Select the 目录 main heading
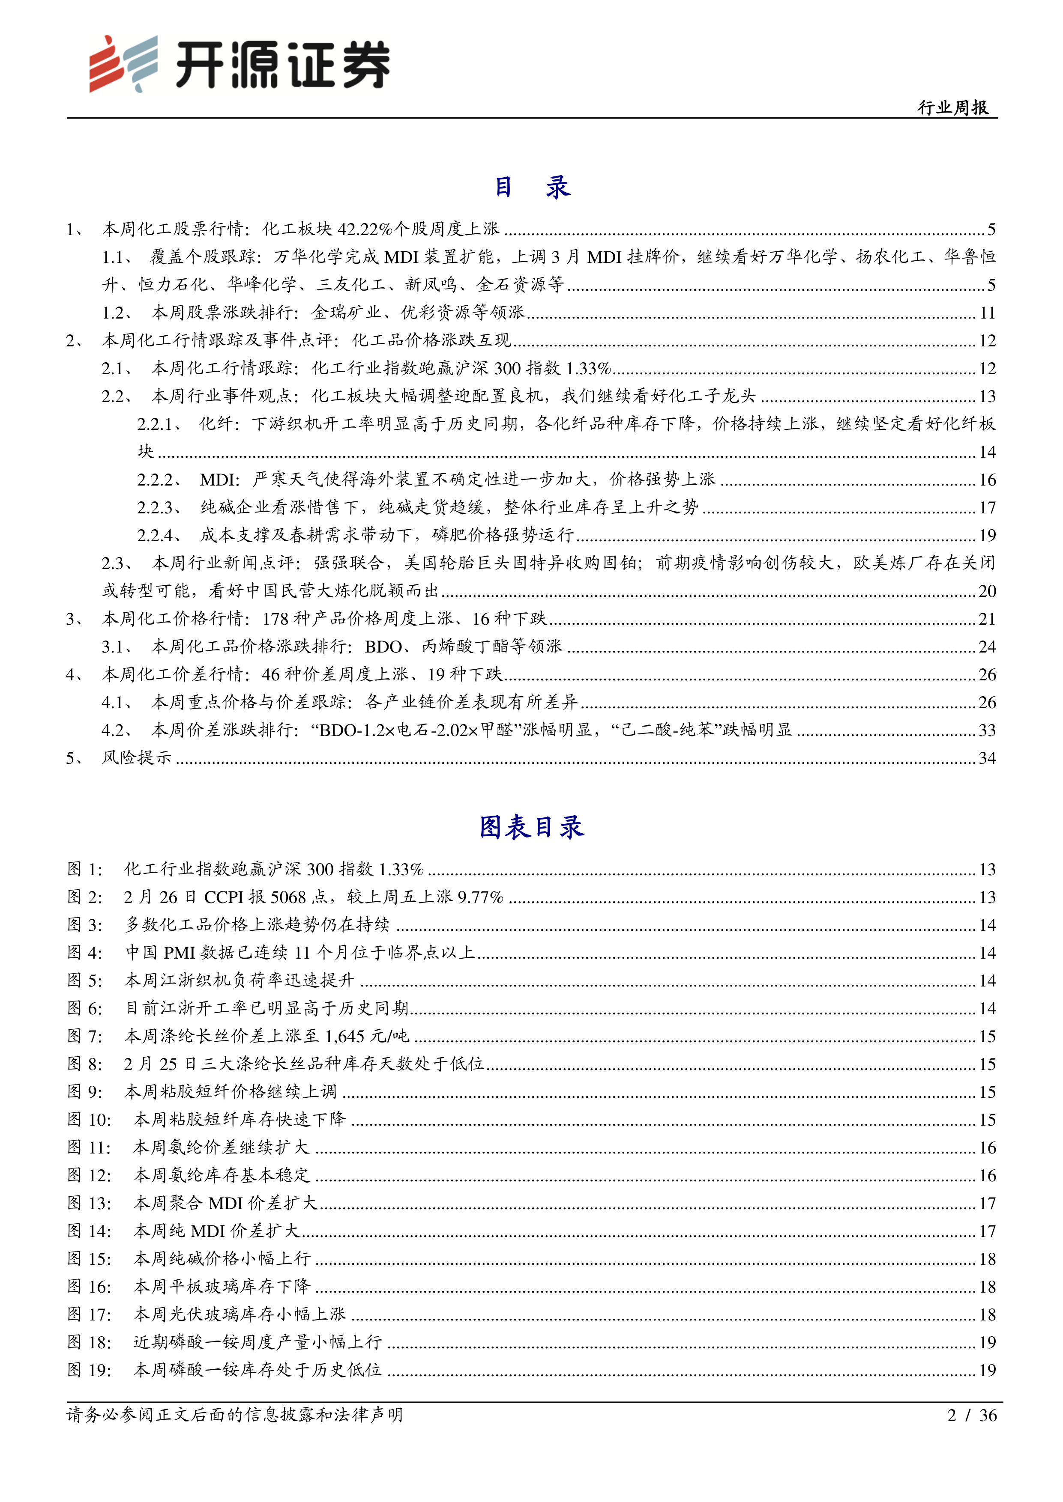pyautogui.click(x=531, y=188)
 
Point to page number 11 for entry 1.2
pyautogui.click(x=987, y=313)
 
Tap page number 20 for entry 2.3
pyautogui.click(x=987, y=591)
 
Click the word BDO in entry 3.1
pyautogui.click(x=383, y=647)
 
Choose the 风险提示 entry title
pyautogui.click(x=137, y=757)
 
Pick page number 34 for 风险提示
pyautogui.click(x=987, y=757)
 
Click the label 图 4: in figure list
pyautogui.click(x=85, y=953)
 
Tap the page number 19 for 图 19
pyautogui.click(x=987, y=1369)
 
